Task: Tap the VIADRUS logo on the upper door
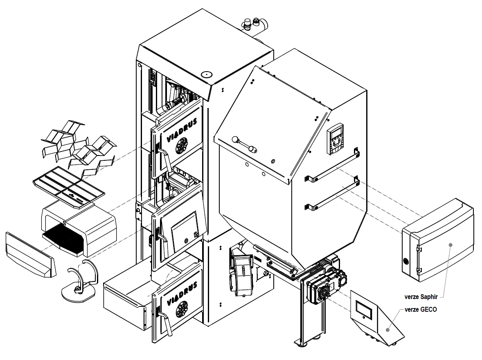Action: pos(182,130)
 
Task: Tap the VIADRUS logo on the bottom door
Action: pos(183,292)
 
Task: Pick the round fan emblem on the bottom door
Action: pos(182,308)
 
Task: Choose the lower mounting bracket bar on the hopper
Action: pos(332,192)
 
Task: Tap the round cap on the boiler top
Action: pos(206,75)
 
